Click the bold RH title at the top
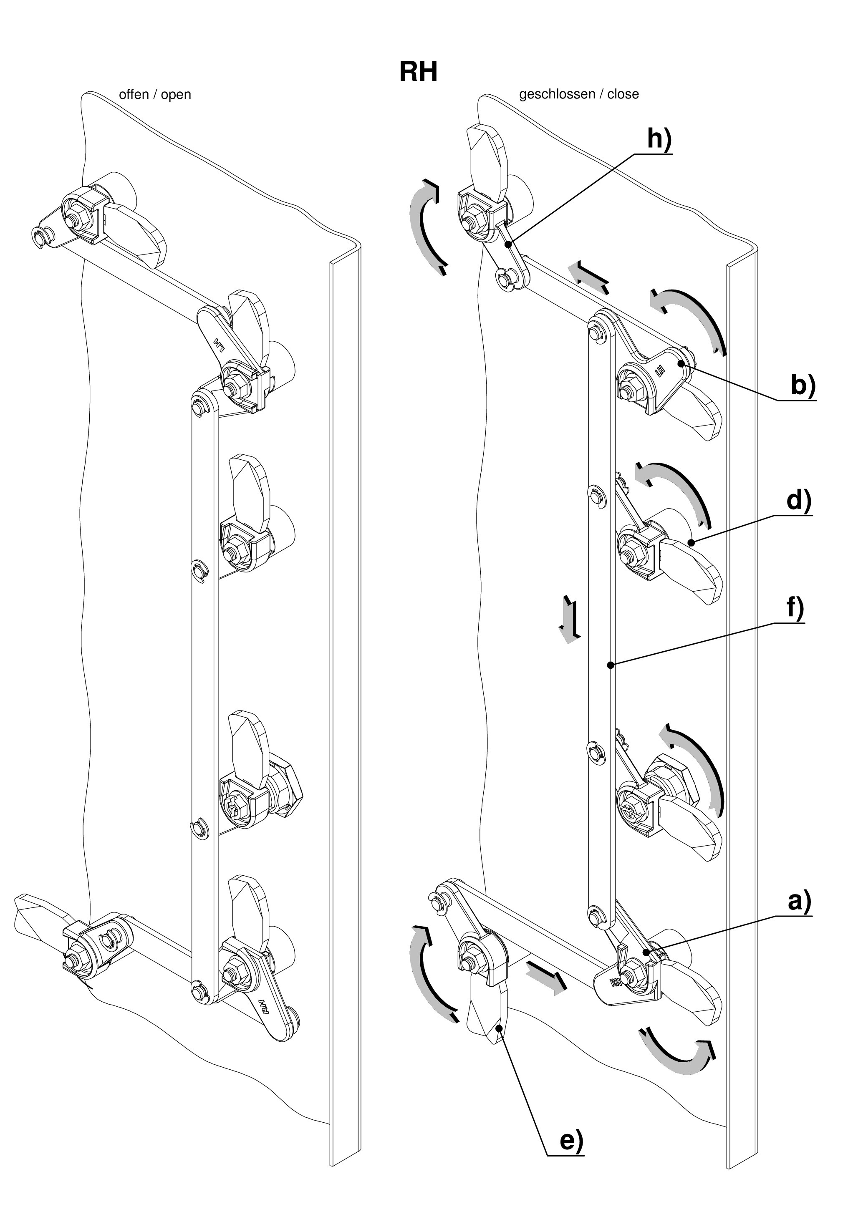point(418,72)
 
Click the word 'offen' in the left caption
point(134,95)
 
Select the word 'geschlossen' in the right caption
point(557,95)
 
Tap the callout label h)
point(659,139)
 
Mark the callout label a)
point(799,902)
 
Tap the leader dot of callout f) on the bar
point(611,665)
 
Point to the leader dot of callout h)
point(508,244)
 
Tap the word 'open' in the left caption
point(176,95)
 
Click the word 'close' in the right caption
point(623,95)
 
